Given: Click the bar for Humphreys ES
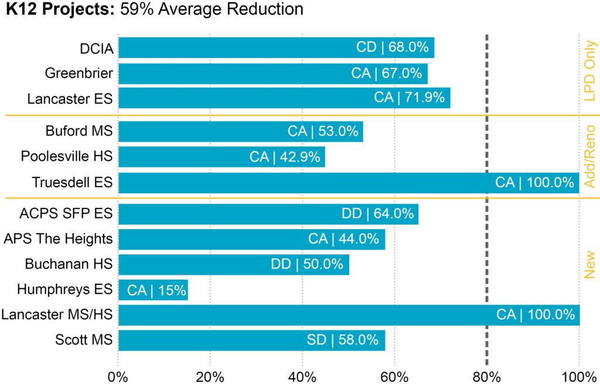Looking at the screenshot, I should (153, 290).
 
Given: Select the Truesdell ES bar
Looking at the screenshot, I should (349, 183).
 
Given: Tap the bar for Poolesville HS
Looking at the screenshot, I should (221, 157).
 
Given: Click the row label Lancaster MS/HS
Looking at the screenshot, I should (57, 315).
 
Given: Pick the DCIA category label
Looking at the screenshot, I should (97, 48).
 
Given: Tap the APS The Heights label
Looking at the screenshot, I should (58, 239).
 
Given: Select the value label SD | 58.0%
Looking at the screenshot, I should (346, 341).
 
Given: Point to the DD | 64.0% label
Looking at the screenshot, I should (378, 214).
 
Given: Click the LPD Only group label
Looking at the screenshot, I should (589, 72).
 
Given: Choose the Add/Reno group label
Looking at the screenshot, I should (589, 157).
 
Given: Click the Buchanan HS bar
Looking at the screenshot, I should (233, 264).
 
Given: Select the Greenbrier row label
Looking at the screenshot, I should (79, 73).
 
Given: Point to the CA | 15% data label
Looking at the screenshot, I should (156, 290).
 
